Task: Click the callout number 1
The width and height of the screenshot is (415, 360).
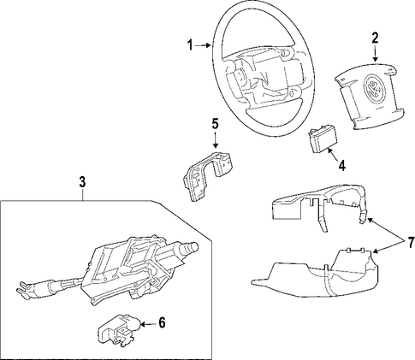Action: click(x=190, y=45)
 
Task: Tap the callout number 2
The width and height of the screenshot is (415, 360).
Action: click(x=375, y=38)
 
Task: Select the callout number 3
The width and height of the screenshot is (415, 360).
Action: click(x=82, y=182)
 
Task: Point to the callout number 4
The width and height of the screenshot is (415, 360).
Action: click(x=341, y=166)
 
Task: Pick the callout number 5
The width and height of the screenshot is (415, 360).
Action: click(x=215, y=125)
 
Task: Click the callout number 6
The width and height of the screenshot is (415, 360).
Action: click(x=162, y=323)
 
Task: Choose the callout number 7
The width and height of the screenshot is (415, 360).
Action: click(x=411, y=243)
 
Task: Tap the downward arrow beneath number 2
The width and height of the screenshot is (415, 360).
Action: click(x=375, y=54)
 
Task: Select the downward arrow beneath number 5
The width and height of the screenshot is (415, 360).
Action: click(x=216, y=140)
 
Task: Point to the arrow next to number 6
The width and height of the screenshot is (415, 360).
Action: click(x=148, y=324)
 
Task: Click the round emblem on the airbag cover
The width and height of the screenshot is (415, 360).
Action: click(x=374, y=89)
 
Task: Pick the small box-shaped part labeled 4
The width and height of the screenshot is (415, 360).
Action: click(x=323, y=139)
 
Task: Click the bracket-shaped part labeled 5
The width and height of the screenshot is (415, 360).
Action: click(x=206, y=176)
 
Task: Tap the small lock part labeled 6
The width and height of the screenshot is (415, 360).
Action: click(x=119, y=330)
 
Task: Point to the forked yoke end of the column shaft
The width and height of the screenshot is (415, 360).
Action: click(x=25, y=290)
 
